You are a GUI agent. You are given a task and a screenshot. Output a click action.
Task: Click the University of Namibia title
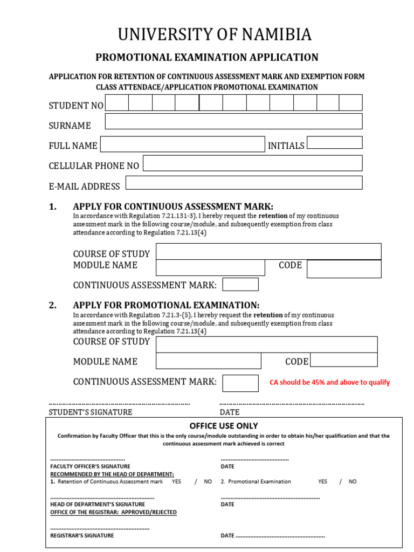click(x=215, y=34)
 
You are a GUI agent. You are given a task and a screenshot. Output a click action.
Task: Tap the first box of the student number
click(x=116, y=102)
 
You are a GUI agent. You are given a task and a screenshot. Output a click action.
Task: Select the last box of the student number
click(x=350, y=102)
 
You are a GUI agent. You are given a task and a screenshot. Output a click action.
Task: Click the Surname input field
click(x=233, y=121)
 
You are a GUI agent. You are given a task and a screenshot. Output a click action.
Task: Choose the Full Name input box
click(x=182, y=144)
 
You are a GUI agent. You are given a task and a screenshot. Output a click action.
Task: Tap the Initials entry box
click(x=334, y=142)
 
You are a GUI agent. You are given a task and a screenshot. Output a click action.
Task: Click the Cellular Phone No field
click(x=252, y=163)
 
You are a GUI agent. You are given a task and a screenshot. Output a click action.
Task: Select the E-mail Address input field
click(x=244, y=183)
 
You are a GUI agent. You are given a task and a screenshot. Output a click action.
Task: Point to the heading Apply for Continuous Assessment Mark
click(x=173, y=206)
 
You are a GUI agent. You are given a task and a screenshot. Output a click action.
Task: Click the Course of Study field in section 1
click(x=268, y=251)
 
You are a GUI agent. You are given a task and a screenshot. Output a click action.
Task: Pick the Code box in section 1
click(x=344, y=268)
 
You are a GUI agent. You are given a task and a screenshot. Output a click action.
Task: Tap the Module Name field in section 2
click(x=208, y=361)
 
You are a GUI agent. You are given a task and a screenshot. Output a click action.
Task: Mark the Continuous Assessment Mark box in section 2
click(x=240, y=383)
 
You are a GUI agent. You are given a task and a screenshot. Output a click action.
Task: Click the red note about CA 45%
click(x=329, y=382)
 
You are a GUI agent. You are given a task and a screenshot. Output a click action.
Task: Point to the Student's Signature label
click(x=91, y=412)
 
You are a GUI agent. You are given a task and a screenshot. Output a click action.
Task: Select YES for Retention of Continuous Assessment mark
click(x=176, y=481)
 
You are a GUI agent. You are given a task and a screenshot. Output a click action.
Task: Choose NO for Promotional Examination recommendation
click(x=353, y=481)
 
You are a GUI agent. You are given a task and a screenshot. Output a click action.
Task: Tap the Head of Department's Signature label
click(x=98, y=504)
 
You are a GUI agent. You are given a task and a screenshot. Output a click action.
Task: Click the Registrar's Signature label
click(x=82, y=536)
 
